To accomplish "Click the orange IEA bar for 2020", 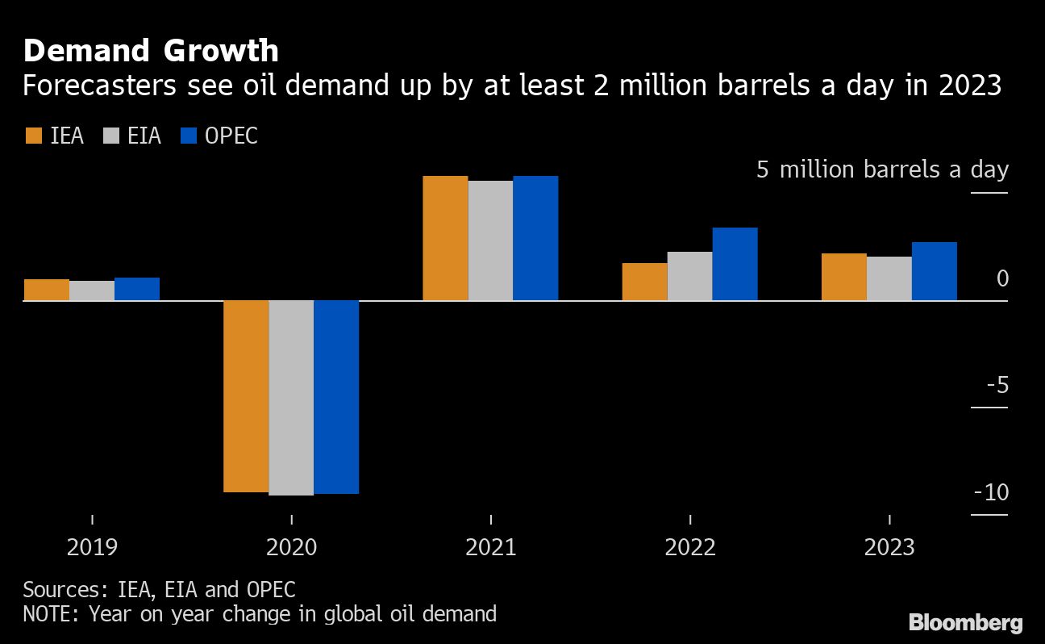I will [246, 395].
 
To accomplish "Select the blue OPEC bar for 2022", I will [735, 264].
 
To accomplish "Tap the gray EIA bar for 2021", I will [490, 240].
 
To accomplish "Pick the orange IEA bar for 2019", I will [46, 290].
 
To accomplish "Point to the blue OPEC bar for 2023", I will [934, 271].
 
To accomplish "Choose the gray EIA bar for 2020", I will [291, 397].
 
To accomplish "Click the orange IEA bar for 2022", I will [644, 282].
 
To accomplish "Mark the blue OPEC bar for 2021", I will [535, 238].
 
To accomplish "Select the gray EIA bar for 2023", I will [889, 278].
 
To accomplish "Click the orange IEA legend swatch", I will [34, 136].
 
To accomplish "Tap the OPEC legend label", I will [231, 136].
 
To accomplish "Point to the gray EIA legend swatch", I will [112, 136].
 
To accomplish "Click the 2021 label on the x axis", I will [490, 548].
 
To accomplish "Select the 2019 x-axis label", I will [92, 548].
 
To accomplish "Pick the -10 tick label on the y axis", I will [991, 492].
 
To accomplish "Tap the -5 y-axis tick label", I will [997, 385].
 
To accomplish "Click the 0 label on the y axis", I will [1002, 278].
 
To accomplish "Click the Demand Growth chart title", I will [151, 51].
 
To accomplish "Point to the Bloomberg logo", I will [965, 622].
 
